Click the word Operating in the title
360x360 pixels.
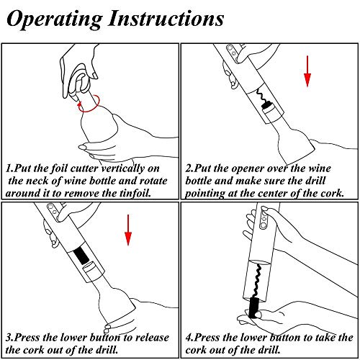point(55,19)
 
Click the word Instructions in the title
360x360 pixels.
point(166,18)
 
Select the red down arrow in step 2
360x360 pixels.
point(307,71)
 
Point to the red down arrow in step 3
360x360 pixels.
point(128,230)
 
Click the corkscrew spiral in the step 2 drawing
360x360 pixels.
point(261,96)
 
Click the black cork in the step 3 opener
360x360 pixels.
point(81,256)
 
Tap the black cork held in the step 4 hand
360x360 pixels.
point(255,307)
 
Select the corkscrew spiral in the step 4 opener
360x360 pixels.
point(258,282)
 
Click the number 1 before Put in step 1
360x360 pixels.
point(8,168)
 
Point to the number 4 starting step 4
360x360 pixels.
point(189,338)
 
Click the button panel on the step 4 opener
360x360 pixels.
point(264,218)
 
